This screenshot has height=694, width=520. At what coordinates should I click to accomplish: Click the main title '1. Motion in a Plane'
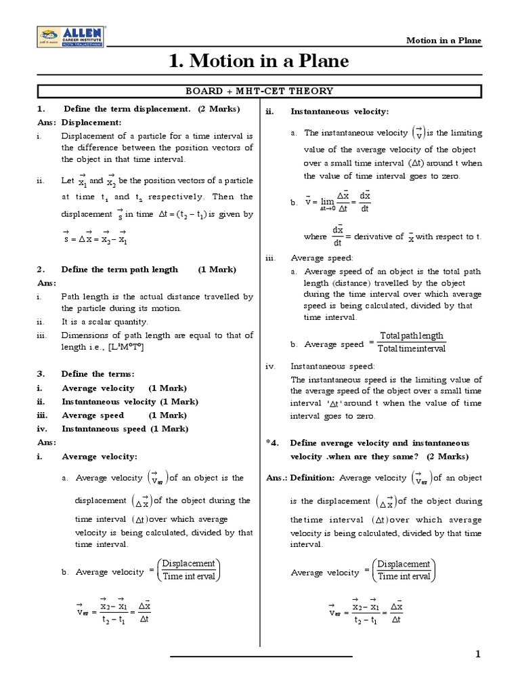[x=259, y=62]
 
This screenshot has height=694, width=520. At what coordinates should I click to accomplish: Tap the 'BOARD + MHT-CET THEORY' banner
[x=259, y=91]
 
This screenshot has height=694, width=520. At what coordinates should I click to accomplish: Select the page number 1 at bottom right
[x=477, y=654]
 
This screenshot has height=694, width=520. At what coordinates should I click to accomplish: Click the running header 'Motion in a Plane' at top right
[x=443, y=41]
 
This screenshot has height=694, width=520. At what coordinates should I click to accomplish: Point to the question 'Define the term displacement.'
[x=127, y=109]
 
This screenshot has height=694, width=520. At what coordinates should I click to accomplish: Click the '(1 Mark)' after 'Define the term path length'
[x=217, y=269]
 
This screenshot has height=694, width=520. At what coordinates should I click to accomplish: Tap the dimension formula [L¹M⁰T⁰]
[x=127, y=347]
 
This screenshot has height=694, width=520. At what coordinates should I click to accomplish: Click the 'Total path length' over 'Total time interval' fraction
[x=411, y=343]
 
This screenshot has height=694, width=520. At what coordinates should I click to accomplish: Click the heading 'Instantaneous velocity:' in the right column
[x=339, y=112]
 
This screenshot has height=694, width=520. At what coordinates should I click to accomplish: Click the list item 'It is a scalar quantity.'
[x=104, y=322]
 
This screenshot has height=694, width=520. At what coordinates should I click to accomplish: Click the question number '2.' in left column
[x=41, y=269]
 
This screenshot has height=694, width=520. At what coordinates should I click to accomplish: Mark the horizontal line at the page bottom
[x=261, y=656]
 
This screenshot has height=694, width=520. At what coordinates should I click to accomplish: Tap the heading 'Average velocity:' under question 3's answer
[x=100, y=456]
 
